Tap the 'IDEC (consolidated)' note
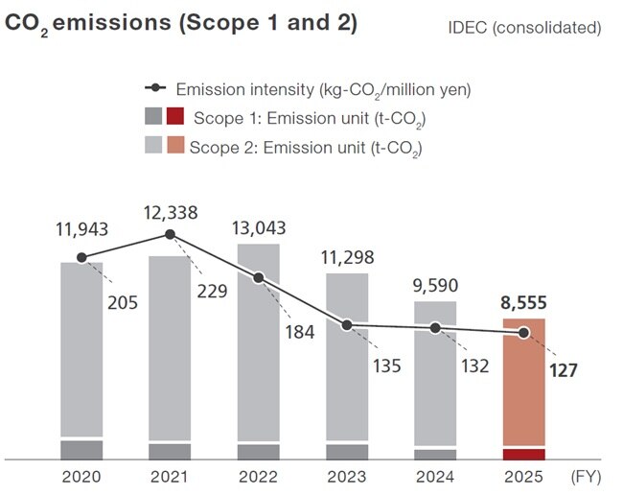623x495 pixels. [x=524, y=27]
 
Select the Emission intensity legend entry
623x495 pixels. [x=307, y=89]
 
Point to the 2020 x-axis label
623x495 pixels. [x=81, y=477]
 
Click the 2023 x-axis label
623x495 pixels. [x=347, y=477]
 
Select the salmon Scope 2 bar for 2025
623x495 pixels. [x=524, y=382]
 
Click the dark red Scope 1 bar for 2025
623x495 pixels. [x=524, y=454]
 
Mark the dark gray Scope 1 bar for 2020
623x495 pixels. [x=81, y=450]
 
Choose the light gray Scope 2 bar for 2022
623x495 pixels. [x=258, y=341]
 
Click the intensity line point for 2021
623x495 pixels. [x=170, y=234]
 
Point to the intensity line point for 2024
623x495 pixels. [x=436, y=327]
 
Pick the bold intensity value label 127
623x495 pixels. [x=563, y=370]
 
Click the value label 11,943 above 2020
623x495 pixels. [x=81, y=228]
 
